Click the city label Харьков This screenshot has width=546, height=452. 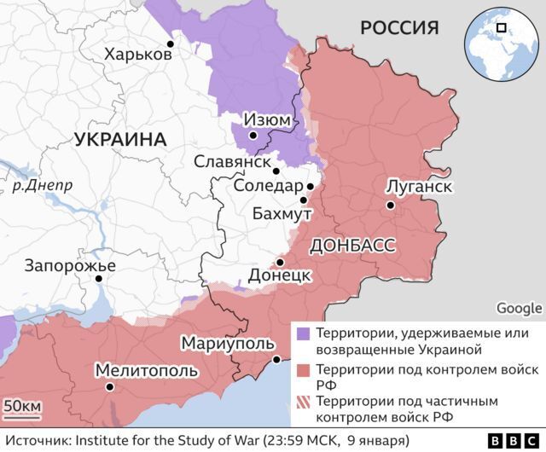tap(137, 55)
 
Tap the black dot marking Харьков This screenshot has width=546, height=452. tap(171, 43)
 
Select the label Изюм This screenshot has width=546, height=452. tap(266, 120)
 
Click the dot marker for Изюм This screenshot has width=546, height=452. tap(253, 135)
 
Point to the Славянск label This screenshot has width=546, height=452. tap(232, 161)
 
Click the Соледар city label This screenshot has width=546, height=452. tap(268, 186)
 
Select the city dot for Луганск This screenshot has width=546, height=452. tap(390, 205)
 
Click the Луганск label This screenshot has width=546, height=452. tap(417, 186)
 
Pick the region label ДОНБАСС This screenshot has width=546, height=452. tap(353, 246)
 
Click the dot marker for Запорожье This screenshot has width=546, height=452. tap(100, 278)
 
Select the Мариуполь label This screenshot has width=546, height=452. tap(228, 343)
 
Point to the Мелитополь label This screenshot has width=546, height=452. tap(146, 371)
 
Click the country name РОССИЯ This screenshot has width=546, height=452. tap(398, 28)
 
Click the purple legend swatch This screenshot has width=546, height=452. tap(302, 332)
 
